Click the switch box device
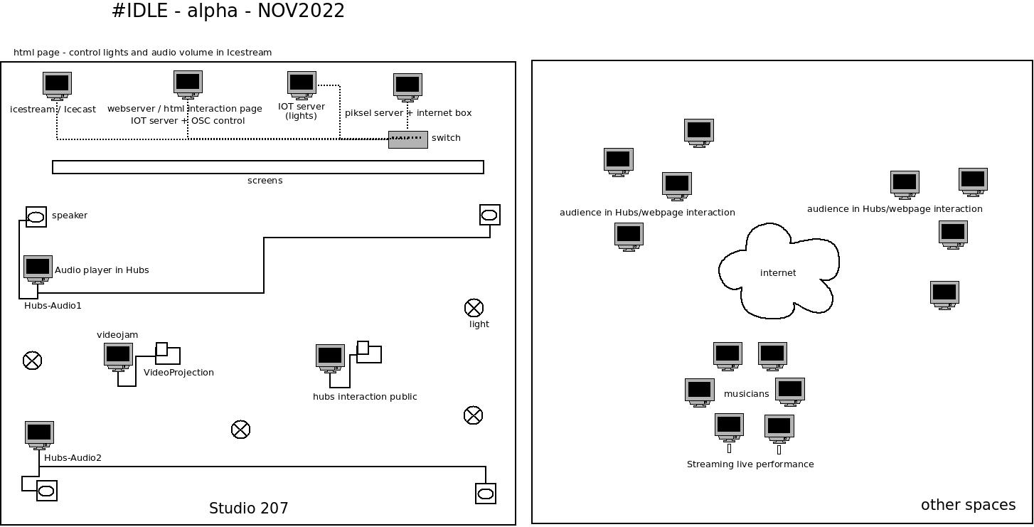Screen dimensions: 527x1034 pyautogui.click(x=407, y=139)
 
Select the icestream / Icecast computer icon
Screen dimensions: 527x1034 pyautogui.click(x=57, y=85)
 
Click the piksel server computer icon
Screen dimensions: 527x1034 pyautogui.click(x=407, y=87)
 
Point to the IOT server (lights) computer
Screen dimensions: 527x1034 pyautogui.click(x=302, y=84)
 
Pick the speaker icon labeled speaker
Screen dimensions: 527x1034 pyautogui.click(x=36, y=217)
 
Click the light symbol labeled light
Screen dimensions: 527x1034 pyautogui.click(x=474, y=308)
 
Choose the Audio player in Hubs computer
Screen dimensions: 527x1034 pyautogui.click(x=38, y=269)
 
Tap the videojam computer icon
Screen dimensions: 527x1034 pyautogui.click(x=118, y=356)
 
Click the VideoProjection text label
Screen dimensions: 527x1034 pyautogui.click(x=178, y=373)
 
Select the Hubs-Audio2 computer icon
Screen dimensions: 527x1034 pyautogui.click(x=39, y=434)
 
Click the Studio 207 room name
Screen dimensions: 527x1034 pyautogui.click(x=248, y=509)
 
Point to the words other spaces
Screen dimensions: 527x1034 pyautogui.click(x=968, y=505)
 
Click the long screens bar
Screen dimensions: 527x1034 pyautogui.click(x=267, y=167)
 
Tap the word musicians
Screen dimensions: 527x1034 pyautogui.click(x=746, y=394)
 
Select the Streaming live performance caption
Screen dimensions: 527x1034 pyautogui.click(x=750, y=464)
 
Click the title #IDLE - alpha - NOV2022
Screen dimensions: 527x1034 pyautogui.click(x=228, y=11)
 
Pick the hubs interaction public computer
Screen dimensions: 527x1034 pyautogui.click(x=330, y=358)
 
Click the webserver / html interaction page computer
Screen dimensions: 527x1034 pyautogui.click(x=188, y=83)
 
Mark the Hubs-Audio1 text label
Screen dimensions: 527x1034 pyautogui.click(x=53, y=306)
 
